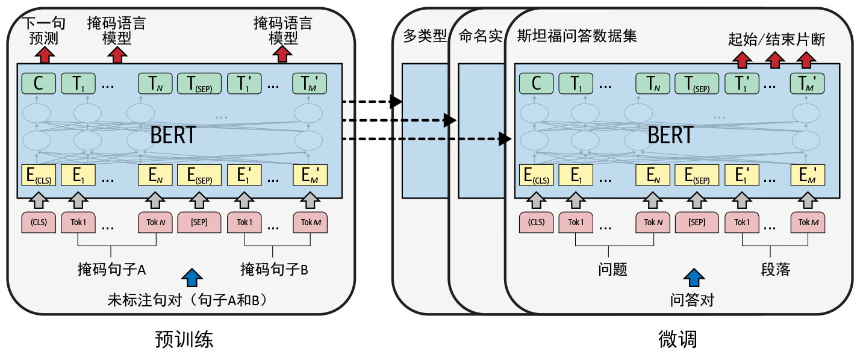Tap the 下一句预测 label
point(44,31)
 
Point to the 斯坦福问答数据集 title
point(577,36)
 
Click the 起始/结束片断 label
point(776,40)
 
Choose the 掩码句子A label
point(112,269)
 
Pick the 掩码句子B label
point(274,269)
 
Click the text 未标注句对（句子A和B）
point(187,299)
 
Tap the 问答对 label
point(692,299)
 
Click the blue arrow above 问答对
point(693,278)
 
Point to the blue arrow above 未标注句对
point(192,278)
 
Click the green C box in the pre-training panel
point(38,83)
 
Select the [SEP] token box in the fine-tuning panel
point(697,222)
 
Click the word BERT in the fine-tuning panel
point(670,135)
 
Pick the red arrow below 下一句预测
point(44,55)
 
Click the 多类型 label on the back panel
point(425,36)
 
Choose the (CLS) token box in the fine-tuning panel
point(536,222)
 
